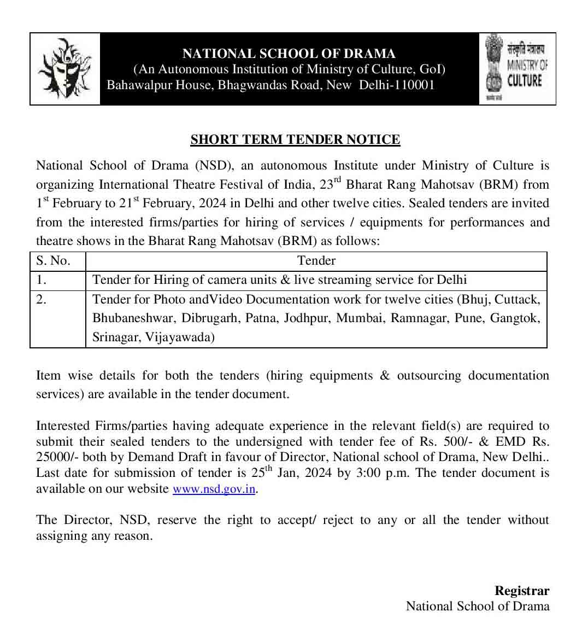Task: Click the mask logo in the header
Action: tap(64, 69)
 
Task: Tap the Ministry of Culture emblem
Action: tap(517, 68)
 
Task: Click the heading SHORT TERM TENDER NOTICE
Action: tap(295, 140)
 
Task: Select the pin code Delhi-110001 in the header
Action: tap(397, 85)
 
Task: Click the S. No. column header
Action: tap(53, 261)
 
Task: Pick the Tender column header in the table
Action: tap(316, 261)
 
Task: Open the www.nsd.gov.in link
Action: tap(214, 489)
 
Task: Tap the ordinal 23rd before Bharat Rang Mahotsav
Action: tap(329, 184)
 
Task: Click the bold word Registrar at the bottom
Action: tap(521, 591)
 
